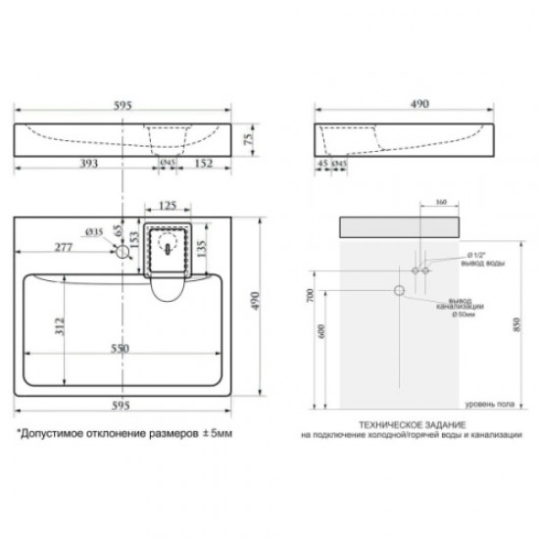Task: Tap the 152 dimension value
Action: [204, 163]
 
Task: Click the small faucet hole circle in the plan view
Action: [122, 252]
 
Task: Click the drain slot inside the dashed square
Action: [169, 249]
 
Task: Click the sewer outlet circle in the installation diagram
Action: [400, 291]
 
